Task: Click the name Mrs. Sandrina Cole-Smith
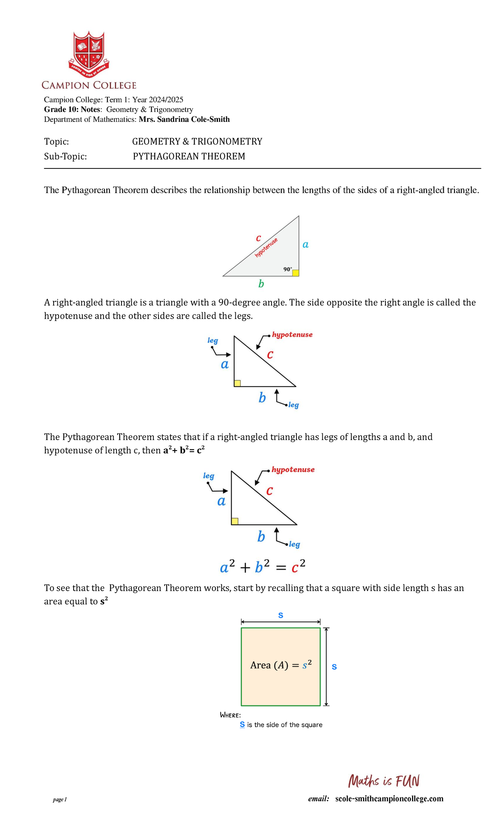(184, 119)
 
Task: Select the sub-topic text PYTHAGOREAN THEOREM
(189, 156)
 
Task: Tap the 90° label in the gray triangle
(287, 269)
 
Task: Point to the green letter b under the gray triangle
(261, 284)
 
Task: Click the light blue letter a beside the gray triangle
(306, 245)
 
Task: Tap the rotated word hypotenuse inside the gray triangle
(267, 248)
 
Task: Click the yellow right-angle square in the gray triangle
(296, 273)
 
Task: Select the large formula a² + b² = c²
(263, 567)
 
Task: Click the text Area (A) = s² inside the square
(281, 665)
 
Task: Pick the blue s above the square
(281, 615)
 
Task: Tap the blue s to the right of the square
(334, 667)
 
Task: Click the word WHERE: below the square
(230, 715)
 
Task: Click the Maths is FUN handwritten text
(384, 781)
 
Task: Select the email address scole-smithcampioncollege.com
(389, 799)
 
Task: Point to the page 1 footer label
(60, 800)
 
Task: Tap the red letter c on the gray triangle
(258, 238)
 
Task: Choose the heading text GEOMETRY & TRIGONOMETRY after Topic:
(197, 141)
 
